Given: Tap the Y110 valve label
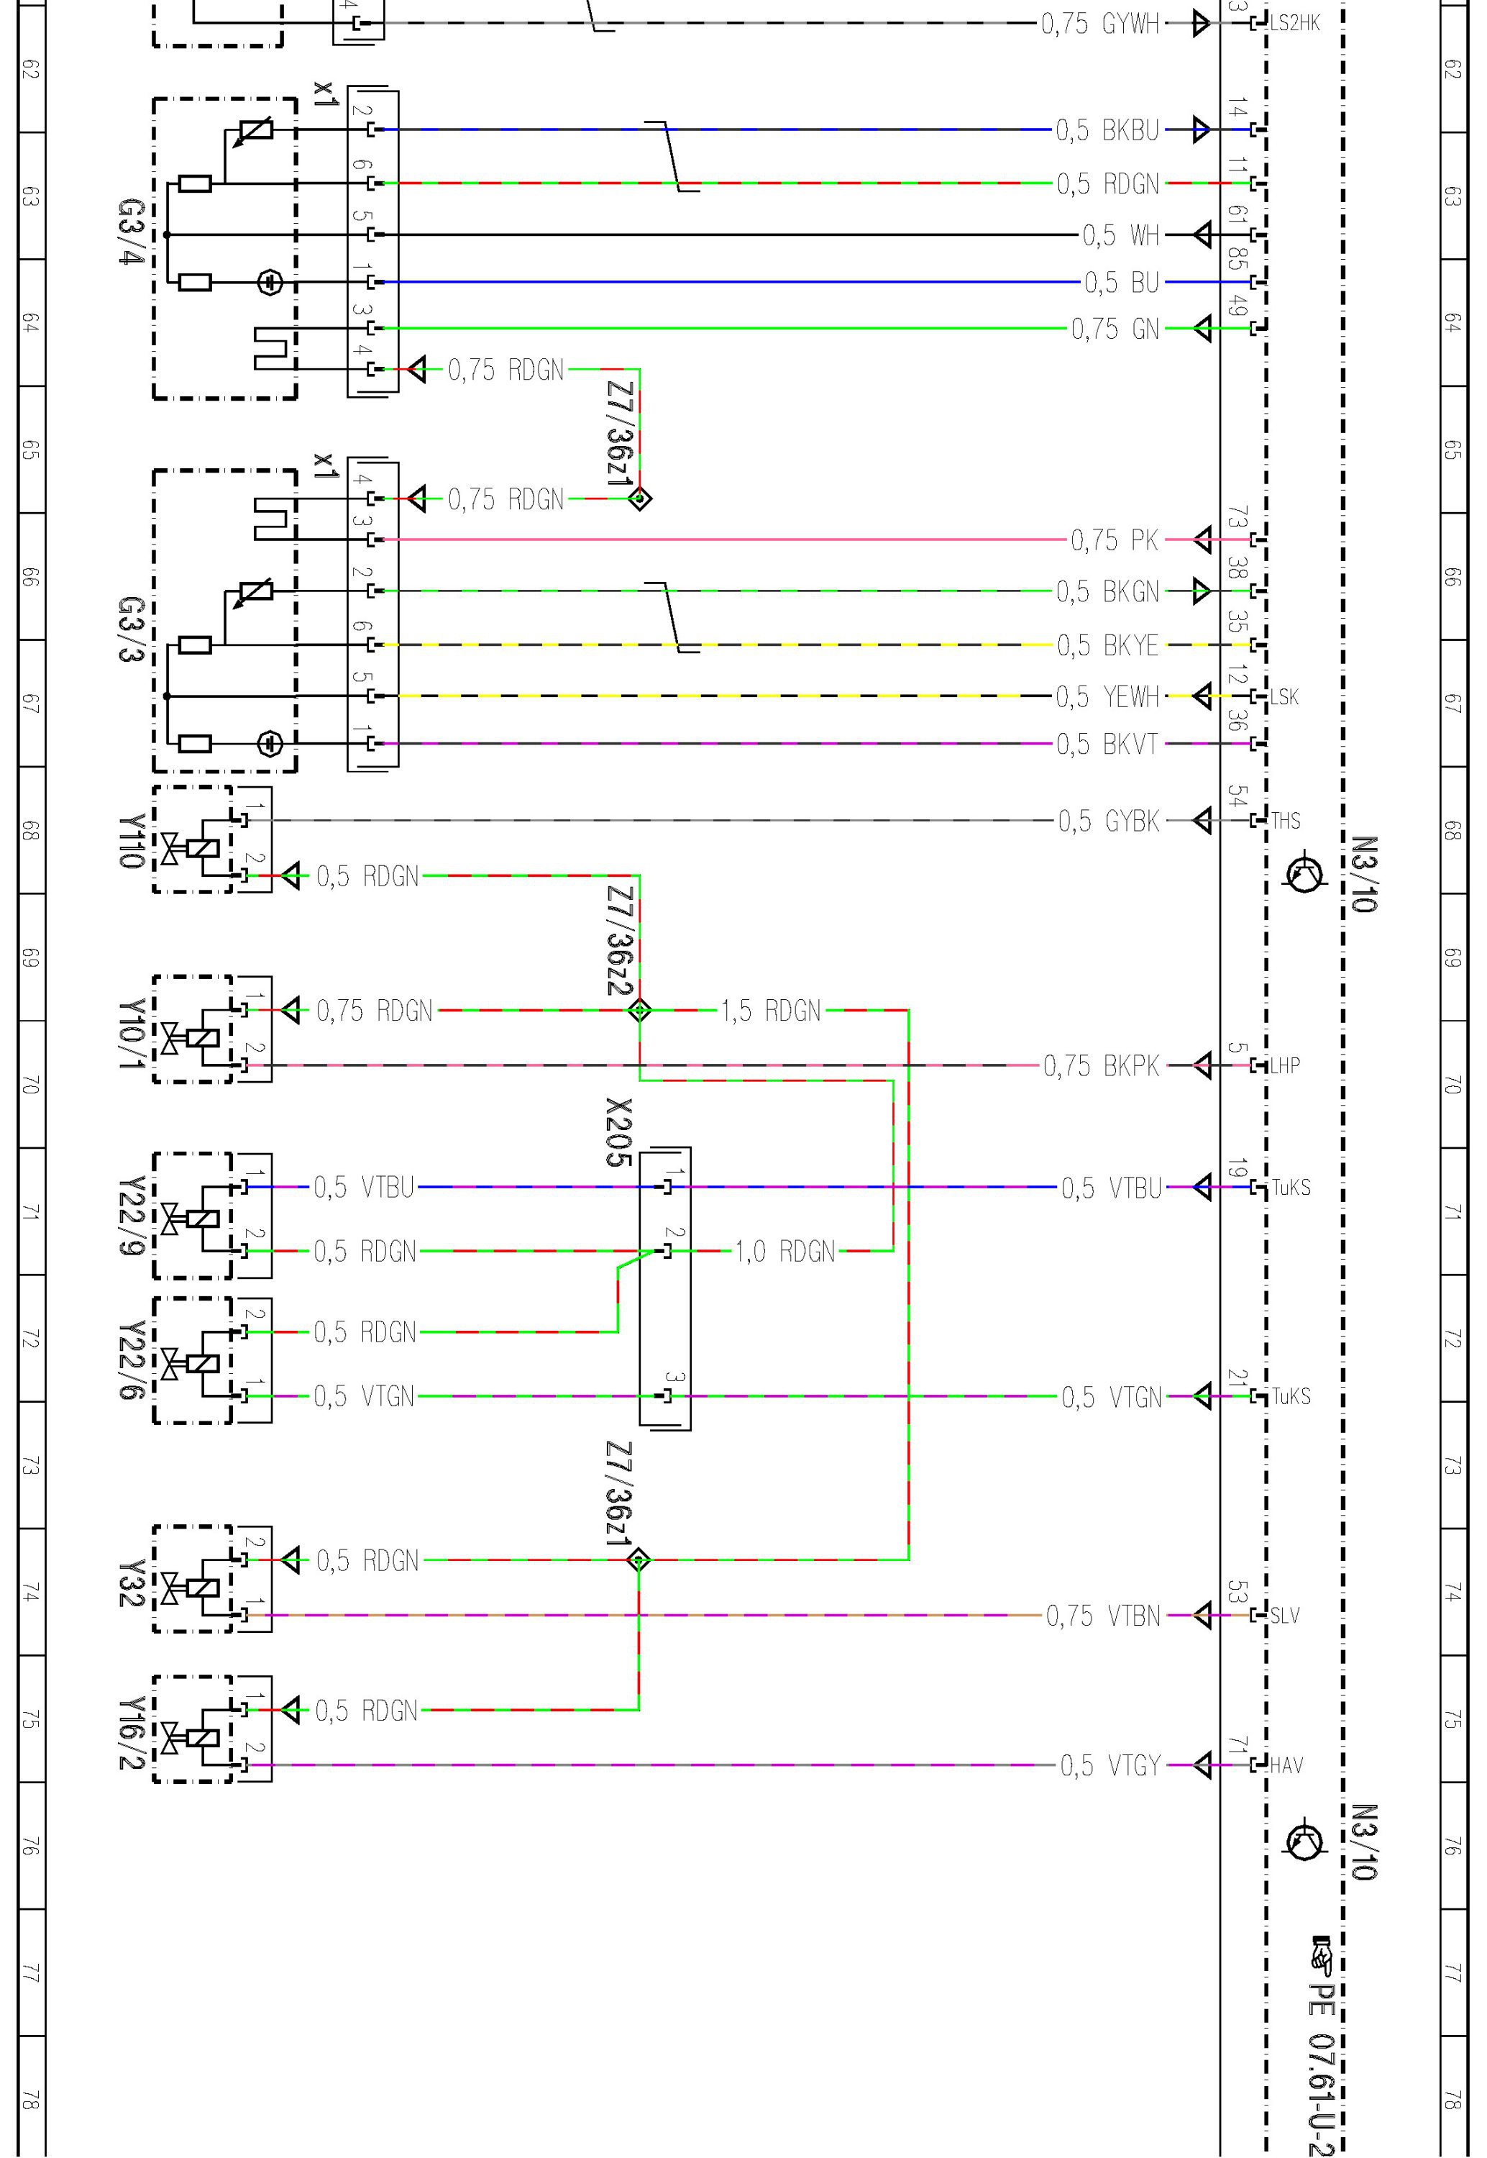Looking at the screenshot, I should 132,842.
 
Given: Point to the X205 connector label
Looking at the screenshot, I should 618,1133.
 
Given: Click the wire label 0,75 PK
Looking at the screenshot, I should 1115,540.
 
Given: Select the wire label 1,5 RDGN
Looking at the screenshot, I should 771,1011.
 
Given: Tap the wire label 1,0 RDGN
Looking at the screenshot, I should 784,1252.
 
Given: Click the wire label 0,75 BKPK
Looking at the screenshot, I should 1102,1066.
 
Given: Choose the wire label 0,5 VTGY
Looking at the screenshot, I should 1111,1766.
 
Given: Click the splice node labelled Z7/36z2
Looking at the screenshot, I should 639,1010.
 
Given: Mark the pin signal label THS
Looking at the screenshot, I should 1286,821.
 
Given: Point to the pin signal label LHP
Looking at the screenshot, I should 1286,1066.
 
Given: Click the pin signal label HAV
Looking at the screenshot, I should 1286,1766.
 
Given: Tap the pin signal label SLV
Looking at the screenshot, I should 1286,1616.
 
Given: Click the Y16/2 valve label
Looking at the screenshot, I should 132,1732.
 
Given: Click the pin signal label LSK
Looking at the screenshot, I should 1285,697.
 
